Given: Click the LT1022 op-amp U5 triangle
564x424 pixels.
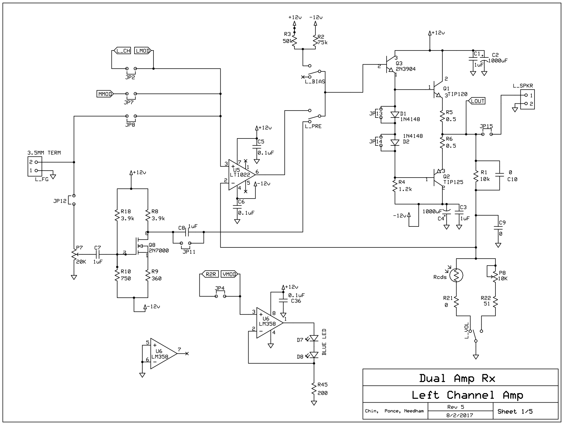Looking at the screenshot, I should point(239,175).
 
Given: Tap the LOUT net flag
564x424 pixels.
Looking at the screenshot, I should point(477,101).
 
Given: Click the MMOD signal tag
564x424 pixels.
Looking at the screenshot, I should point(105,94).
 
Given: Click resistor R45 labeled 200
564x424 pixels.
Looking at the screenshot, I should point(314,389).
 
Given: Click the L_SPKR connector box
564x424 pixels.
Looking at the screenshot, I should point(528,99).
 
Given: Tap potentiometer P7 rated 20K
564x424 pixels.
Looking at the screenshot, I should point(74,255).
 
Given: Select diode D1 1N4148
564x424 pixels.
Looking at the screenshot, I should point(395,115).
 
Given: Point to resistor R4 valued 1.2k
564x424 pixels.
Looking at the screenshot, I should point(395,186).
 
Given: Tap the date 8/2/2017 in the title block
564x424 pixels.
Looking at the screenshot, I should point(459,415).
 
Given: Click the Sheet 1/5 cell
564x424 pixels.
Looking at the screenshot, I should point(515,412).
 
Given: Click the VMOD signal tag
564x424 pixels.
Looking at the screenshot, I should point(230,274).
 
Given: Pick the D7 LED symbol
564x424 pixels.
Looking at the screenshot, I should point(314,338).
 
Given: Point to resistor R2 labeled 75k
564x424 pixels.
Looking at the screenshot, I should point(315,41).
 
